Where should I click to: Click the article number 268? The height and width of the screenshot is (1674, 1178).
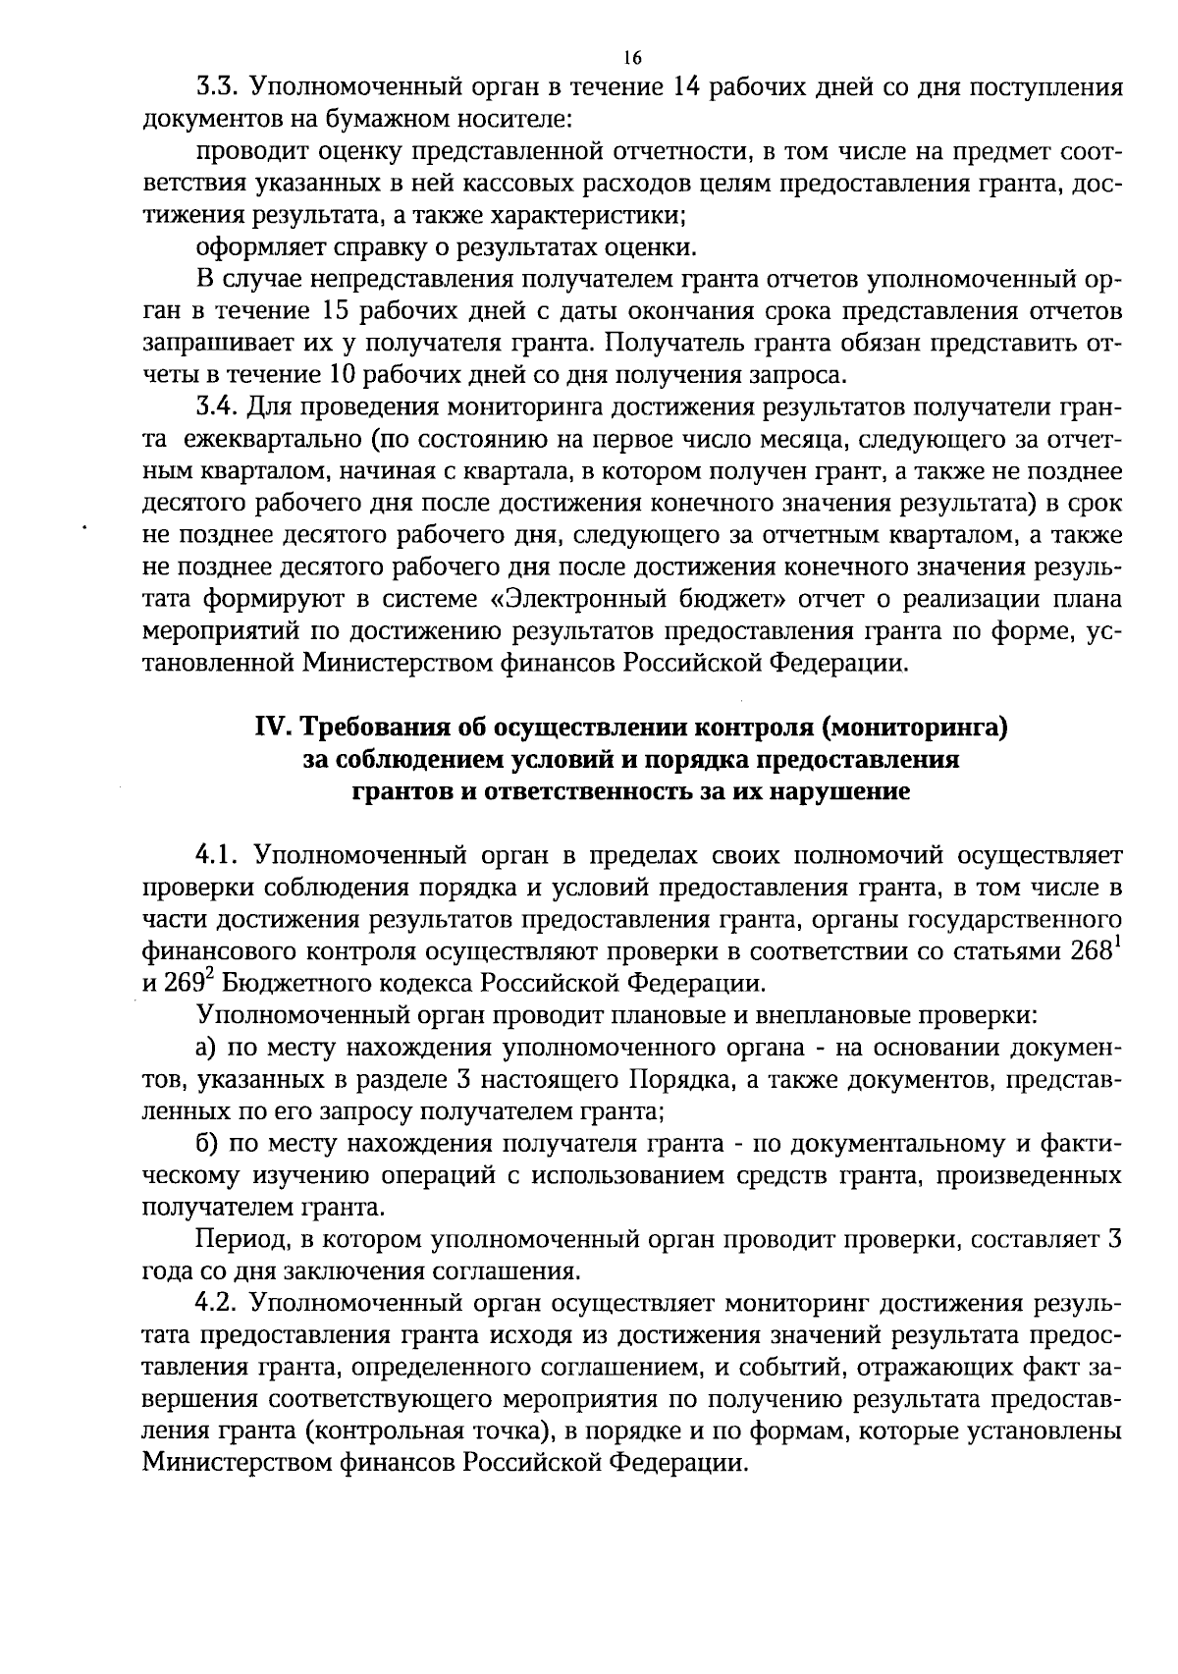[1089, 951]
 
